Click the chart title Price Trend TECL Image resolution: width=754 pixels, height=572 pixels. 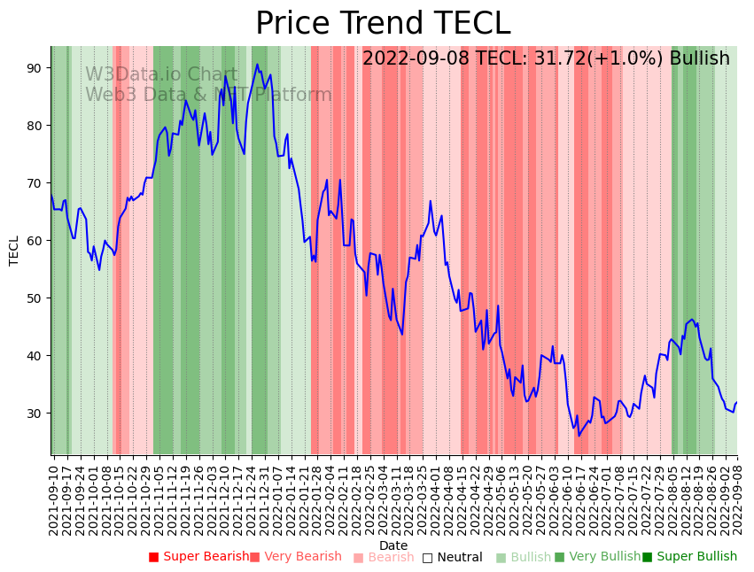pyautogui.click(x=383, y=24)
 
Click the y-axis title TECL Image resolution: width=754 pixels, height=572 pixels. pyautogui.click(x=14, y=251)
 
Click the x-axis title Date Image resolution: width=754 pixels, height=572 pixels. pyautogui.click(x=393, y=545)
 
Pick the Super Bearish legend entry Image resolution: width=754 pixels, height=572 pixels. pyautogui.click(x=199, y=557)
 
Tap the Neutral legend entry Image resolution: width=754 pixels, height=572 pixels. pyautogui.click(x=453, y=557)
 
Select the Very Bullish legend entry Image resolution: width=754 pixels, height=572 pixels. pyautogui.click(x=597, y=557)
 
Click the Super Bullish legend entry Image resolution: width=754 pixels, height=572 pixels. pyautogui.click(x=689, y=557)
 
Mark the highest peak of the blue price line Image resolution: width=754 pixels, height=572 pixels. pyautogui.click(x=257, y=64)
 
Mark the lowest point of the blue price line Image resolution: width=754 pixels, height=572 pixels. pyautogui.click(x=579, y=436)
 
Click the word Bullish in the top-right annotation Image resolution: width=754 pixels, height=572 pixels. pyautogui.click(x=699, y=58)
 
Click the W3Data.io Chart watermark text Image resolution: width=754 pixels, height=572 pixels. pyautogui.click(x=161, y=75)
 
